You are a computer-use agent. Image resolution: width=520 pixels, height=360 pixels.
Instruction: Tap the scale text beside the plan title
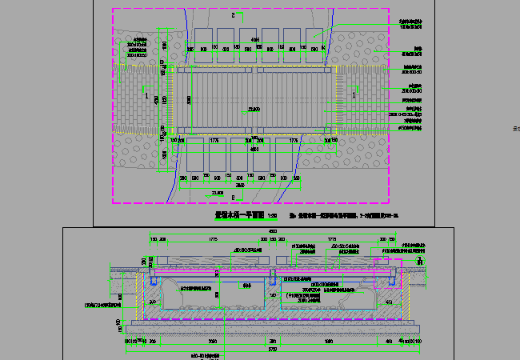(x=272, y=215)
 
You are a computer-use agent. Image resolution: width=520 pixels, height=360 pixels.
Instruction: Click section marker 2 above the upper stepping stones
(x=233, y=15)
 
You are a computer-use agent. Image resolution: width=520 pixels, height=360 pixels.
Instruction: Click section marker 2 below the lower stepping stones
(x=233, y=198)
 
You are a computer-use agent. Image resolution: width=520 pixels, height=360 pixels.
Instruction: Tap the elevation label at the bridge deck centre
(x=254, y=109)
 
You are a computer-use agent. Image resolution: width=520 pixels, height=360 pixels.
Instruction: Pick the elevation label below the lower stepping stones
(x=215, y=193)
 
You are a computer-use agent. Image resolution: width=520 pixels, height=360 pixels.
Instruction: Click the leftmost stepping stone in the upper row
(x=200, y=37)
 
